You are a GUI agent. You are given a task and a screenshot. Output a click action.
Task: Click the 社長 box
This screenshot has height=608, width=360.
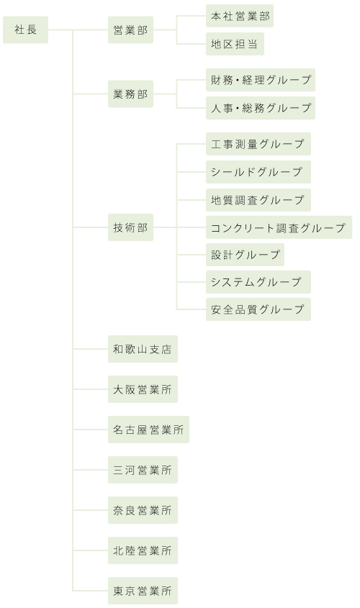pyautogui.click(x=26, y=30)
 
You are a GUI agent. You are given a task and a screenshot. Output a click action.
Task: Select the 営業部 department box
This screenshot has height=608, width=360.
pyautogui.click(x=131, y=30)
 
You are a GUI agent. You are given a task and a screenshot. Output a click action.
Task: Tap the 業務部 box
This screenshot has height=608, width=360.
pyautogui.click(x=131, y=94)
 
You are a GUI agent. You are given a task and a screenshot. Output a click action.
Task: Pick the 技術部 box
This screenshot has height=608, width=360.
pyautogui.click(x=131, y=227)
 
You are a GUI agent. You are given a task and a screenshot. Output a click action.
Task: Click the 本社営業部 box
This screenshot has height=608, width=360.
pyautogui.click(x=240, y=16)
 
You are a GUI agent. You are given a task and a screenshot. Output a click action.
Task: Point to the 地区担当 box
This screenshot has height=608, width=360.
pyautogui.click(x=235, y=44)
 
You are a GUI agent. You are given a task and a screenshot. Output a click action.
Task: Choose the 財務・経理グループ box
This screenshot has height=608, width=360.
pyautogui.click(x=261, y=80)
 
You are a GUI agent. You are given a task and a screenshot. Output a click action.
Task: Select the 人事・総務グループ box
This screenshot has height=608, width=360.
pyautogui.click(x=261, y=108)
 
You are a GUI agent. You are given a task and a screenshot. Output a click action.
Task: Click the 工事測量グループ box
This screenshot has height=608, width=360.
pyautogui.click(x=258, y=144)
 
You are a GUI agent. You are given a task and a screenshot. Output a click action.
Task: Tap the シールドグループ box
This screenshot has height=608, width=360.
pyautogui.click(x=258, y=172)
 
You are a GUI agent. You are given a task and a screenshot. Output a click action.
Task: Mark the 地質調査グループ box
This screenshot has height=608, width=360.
pyautogui.click(x=258, y=200)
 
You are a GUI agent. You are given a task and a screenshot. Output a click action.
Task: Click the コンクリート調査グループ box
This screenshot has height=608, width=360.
pyautogui.click(x=279, y=227)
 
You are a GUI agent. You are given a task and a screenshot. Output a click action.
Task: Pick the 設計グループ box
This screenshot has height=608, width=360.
pyautogui.click(x=246, y=255)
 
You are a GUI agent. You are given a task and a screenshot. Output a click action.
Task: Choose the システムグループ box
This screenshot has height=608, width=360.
pyautogui.click(x=258, y=282)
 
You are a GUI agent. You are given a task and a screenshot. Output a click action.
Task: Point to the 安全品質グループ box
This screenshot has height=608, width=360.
pyautogui.click(x=258, y=309)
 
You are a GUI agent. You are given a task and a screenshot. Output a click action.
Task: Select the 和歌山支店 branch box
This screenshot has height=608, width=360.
pyautogui.click(x=143, y=349)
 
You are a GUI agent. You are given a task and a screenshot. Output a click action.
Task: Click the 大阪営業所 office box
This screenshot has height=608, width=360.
pyautogui.click(x=143, y=389)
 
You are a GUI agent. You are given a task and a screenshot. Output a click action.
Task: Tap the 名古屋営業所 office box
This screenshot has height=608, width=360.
pyautogui.click(x=148, y=430)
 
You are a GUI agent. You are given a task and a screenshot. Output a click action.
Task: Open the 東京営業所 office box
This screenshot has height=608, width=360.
pyautogui.click(x=143, y=591)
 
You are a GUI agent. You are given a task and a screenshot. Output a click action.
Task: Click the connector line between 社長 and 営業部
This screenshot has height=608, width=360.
pyautogui.click(x=78, y=30)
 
